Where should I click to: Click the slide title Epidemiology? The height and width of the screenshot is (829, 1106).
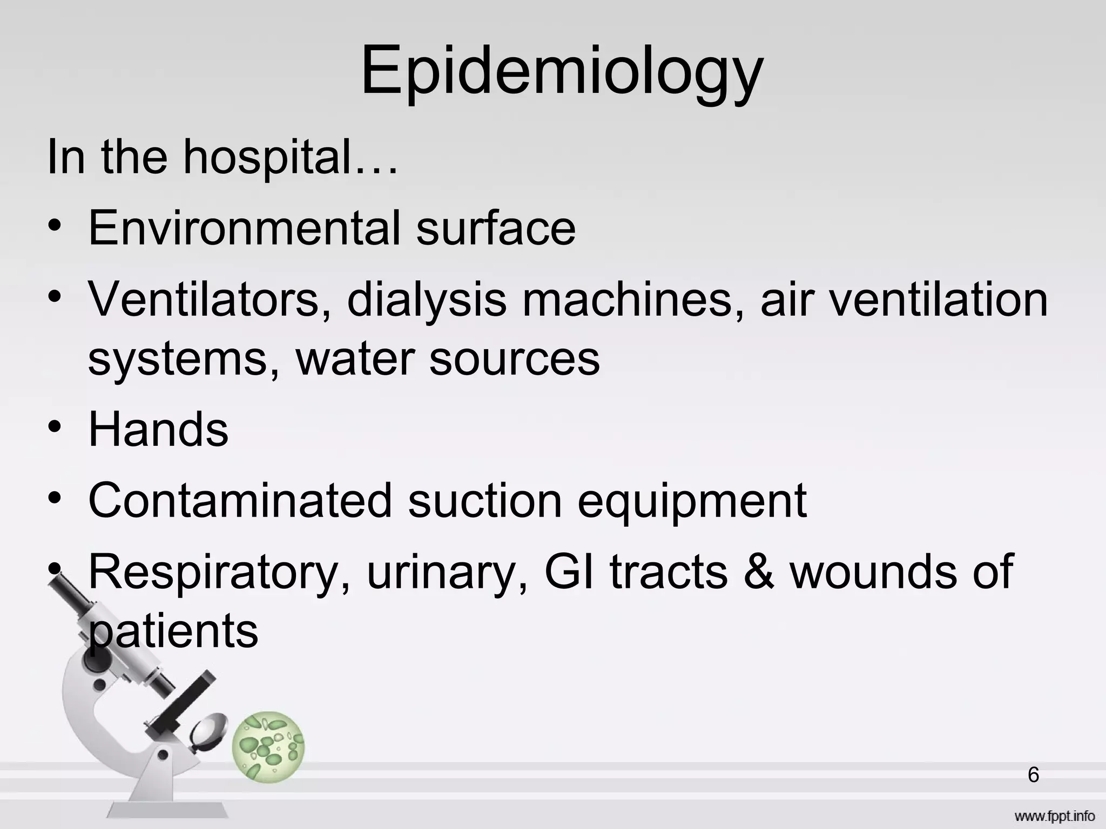pos(562,73)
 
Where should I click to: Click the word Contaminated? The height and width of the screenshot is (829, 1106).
pos(240,500)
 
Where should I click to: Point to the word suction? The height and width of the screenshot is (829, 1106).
pos(484,500)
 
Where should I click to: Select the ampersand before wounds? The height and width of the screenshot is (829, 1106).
pos(758,572)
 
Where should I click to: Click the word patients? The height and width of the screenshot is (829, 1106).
pos(173,631)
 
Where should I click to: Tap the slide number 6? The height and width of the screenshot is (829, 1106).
pos(1033,775)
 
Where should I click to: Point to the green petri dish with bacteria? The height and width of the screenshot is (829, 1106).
pos(268,746)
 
